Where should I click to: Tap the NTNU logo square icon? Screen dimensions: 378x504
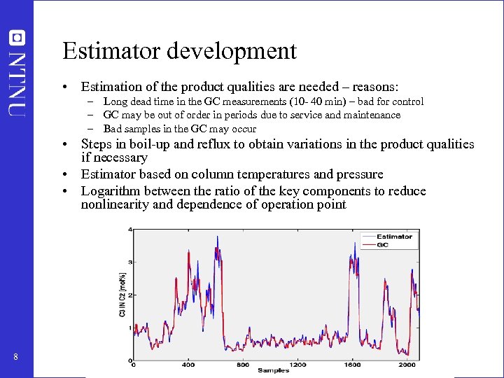click(x=17, y=37)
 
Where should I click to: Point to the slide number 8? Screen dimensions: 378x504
click(x=15, y=358)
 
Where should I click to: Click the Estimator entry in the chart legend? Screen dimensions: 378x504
click(x=395, y=237)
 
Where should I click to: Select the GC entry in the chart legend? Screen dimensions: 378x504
click(x=383, y=245)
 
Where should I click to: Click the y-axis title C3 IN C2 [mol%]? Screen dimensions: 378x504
click(x=123, y=294)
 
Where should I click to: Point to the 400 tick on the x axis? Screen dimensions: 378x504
click(x=188, y=365)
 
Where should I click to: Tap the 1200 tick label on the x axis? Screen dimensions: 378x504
click(x=297, y=365)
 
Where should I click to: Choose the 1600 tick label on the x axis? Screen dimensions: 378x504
click(x=352, y=365)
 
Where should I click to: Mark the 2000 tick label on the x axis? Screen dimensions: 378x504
click(x=407, y=365)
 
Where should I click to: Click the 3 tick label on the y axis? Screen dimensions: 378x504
click(x=129, y=262)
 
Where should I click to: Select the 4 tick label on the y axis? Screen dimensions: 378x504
click(x=129, y=230)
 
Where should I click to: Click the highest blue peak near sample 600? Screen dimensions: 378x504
click(x=217, y=237)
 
